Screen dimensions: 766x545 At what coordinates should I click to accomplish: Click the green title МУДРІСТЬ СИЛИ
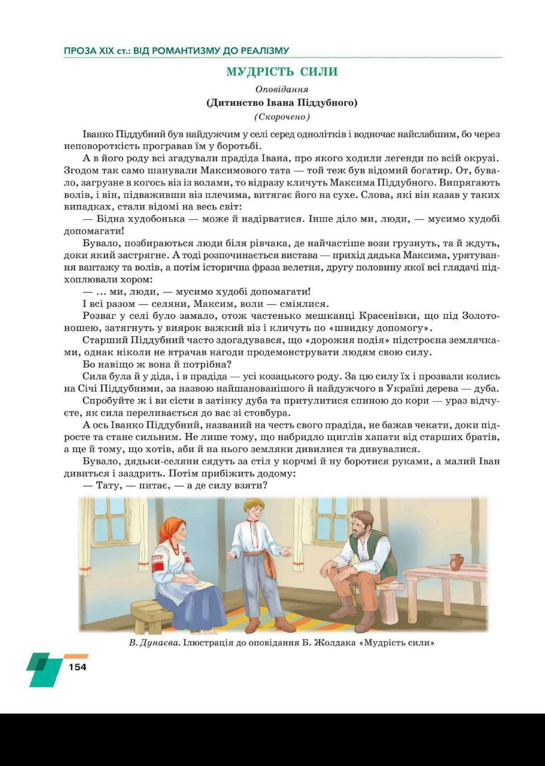282,72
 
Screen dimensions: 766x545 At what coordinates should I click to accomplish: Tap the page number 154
77,667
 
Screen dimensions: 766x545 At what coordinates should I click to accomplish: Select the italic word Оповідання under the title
282,89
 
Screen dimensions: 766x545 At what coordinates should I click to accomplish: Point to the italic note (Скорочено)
282,117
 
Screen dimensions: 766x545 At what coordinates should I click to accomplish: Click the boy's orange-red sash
261,557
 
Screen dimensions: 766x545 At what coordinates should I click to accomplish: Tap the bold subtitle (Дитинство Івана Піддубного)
282,103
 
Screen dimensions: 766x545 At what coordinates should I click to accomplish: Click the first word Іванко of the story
98,134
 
